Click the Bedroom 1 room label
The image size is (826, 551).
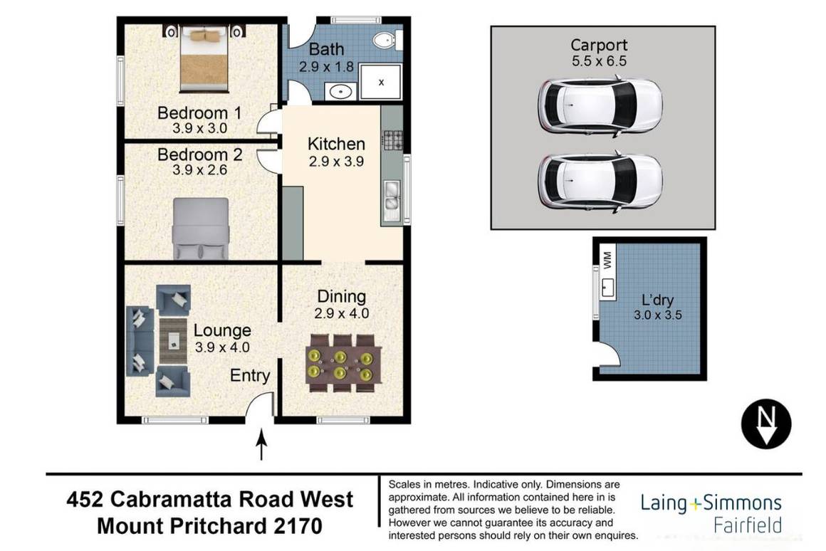199,112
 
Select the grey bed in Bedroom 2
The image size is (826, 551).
202,228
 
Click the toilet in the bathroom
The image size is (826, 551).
387,41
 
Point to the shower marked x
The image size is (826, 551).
381,82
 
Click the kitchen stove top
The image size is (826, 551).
392,139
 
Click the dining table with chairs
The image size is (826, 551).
344,363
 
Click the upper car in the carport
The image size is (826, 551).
600,107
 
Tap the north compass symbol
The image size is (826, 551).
765,425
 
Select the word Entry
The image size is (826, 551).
250,376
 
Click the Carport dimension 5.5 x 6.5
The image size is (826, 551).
599,61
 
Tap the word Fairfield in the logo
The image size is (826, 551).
748,525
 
